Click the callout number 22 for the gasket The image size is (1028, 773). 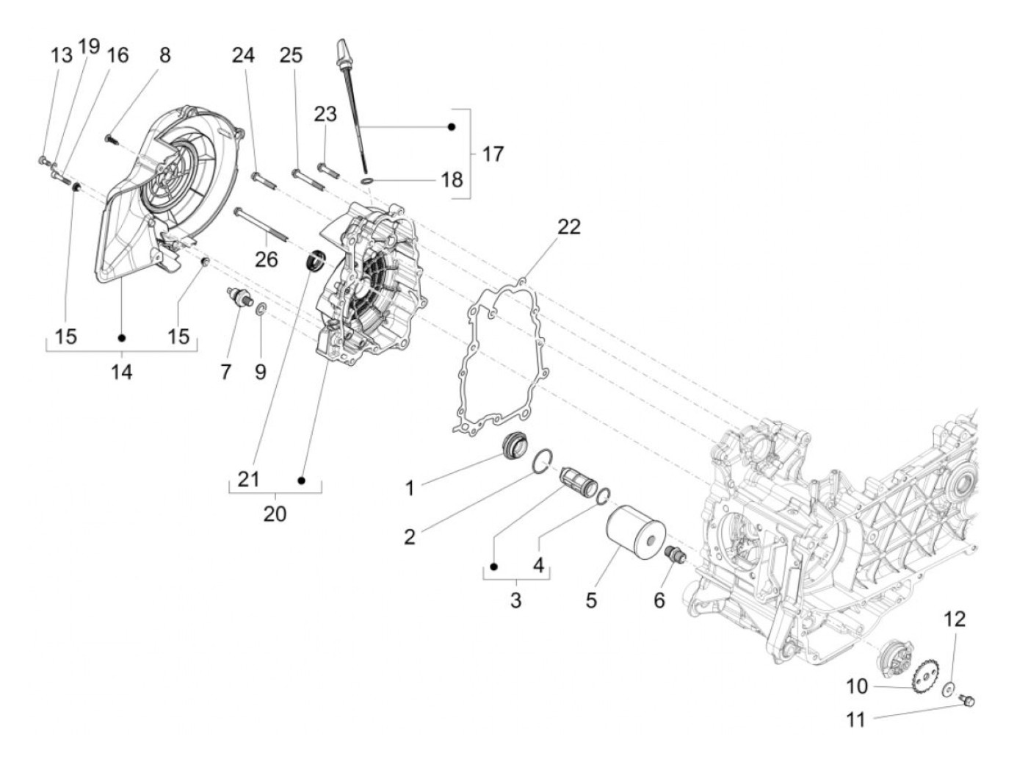coord(568,226)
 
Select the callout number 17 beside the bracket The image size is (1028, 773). coord(493,154)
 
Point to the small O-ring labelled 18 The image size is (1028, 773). coord(367,180)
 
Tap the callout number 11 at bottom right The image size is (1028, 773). coord(856,719)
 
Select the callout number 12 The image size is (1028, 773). coord(955,619)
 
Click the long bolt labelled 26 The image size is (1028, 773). coord(261,224)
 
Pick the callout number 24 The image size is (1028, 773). coord(244,55)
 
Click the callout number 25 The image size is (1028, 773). coord(291,55)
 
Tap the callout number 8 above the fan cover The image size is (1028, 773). coord(164,54)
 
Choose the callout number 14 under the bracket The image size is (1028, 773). coord(122,372)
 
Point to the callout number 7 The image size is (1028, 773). coord(225,372)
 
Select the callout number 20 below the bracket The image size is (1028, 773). coord(275,513)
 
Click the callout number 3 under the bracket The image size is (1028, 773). coord(515,600)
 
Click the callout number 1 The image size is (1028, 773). coord(410,488)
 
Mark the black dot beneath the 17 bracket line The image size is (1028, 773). coord(452,127)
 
